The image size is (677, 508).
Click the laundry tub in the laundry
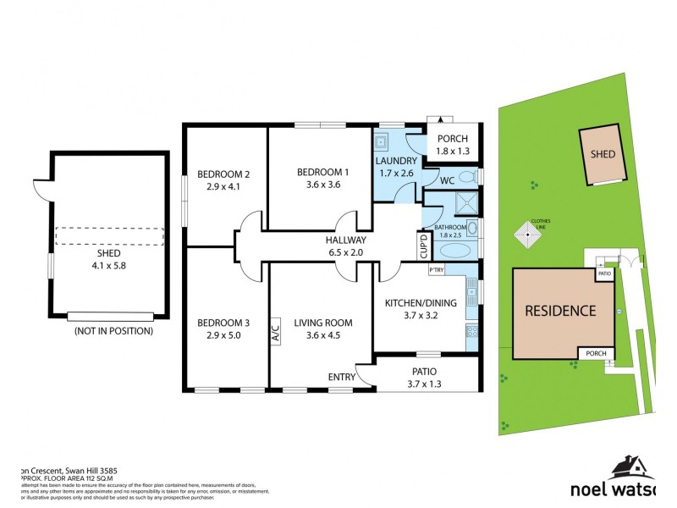pyautogui.click(x=382, y=142)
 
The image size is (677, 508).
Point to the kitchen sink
pyautogui.click(x=474, y=290)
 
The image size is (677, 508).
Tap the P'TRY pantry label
pyautogui.click(x=437, y=270)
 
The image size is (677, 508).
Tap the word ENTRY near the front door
pyautogui.click(x=341, y=376)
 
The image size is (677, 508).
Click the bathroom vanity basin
pyautogui.click(x=473, y=229)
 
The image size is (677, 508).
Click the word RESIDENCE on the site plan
pyautogui.click(x=559, y=311)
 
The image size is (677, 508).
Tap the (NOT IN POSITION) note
pyautogui.click(x=113, y=331)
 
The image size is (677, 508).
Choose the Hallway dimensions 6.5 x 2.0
pyautogui.click(x=344, y=252)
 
